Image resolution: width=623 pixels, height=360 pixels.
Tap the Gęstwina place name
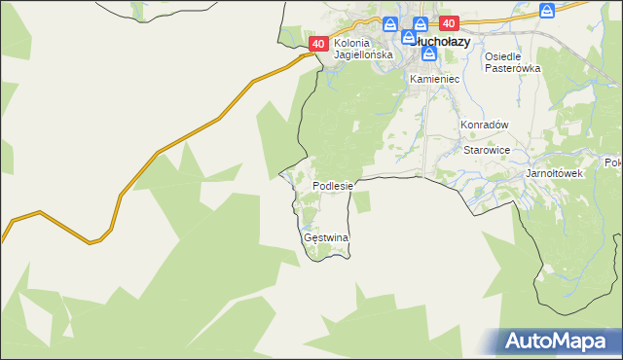pyautogui.click(x=326, y=237)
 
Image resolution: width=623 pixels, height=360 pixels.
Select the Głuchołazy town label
pyautogui.click(x=445, y=43)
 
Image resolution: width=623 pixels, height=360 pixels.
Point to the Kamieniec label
pyautogui.click(x=434, y=78)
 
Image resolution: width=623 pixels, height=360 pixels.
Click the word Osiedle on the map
pyautogui.click(x=506, y=56)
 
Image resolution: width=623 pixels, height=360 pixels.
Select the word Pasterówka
pyautogui.click(x=512, y=68)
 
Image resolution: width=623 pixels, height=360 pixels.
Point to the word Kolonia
pyautogui.click(x=353, y=44)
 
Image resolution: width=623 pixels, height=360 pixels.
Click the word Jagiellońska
pyautogui.click(x=363, y=55)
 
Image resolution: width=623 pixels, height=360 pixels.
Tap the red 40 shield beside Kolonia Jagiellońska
pyautogui.click(x=318, y=45)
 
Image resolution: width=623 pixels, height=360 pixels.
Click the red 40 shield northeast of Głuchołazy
pyautogui.click(x=448, y=22)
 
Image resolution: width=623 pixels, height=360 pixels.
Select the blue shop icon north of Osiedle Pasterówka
pyautogui.click(x=548, y=11)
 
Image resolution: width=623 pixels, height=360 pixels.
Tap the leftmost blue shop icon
pyautogui.click(x=390, y=24)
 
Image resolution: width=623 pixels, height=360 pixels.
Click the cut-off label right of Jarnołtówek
pyautogui.click(x=613, y=162)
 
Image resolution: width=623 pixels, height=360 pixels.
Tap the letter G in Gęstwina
pyautogui.click(x=308, y=237)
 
